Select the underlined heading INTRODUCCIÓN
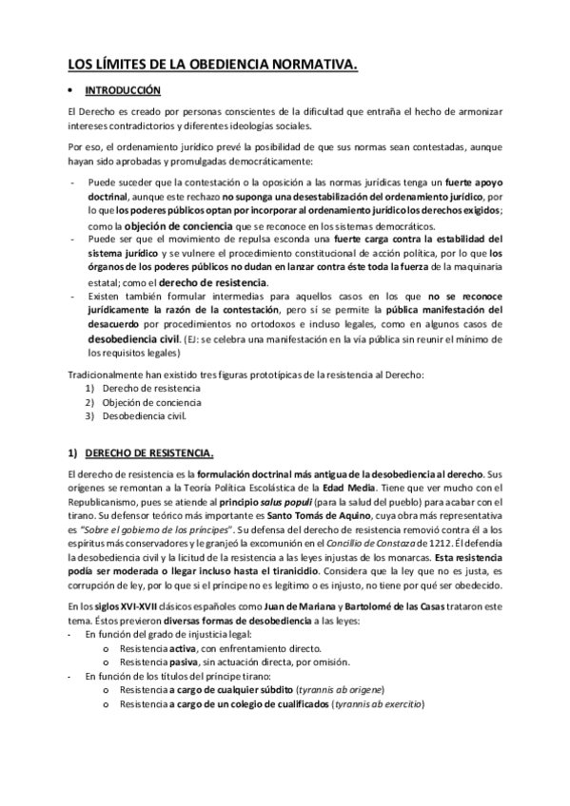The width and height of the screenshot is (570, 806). (124, 90)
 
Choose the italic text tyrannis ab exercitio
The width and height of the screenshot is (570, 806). (378, 703)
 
